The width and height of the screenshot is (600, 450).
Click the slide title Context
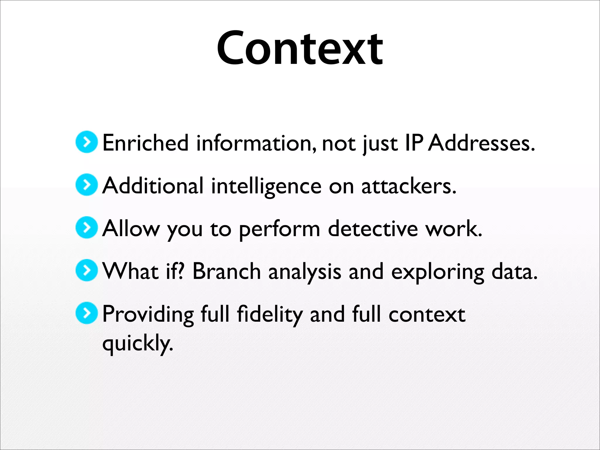(300, 48)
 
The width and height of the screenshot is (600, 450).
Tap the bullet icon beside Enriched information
(86, 142)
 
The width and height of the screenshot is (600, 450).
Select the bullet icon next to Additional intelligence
(86, 185)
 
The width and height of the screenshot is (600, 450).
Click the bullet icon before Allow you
(86, 228)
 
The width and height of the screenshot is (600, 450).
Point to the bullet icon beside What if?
(86, 270)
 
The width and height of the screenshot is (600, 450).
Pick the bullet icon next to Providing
(86, 313)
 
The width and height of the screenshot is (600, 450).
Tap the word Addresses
(481, 143)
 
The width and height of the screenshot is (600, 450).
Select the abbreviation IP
(414, 143)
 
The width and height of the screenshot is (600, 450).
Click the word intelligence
(266, 186)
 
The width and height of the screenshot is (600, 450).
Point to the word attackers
(409, 186)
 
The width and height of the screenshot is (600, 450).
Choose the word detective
(373, 229)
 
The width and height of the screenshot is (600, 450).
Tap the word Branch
(226, 271)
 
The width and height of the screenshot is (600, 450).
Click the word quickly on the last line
(137, 343)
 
